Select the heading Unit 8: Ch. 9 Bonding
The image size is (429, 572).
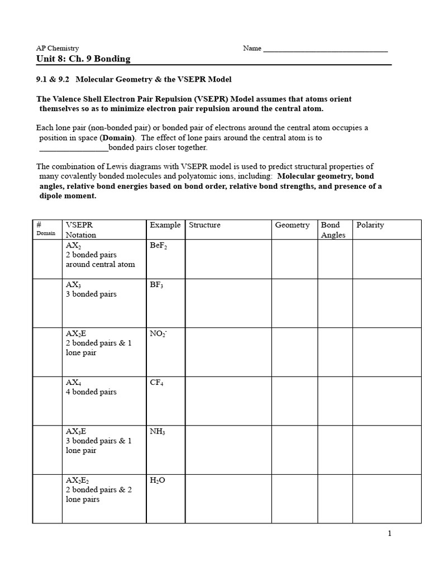point(83,59)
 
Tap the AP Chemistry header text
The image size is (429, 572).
point(58,49)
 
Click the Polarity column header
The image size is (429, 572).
point(370,225)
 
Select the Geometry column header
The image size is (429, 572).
point(292,225)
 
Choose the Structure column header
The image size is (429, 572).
point(204,225)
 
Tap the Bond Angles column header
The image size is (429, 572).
point(333,230)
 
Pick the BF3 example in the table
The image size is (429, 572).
point(157,284)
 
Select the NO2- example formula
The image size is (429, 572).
point(159,333)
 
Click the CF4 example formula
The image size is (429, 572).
point(157,383)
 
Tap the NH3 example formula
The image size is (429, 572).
point(158,431)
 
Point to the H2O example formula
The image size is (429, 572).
point(158,480)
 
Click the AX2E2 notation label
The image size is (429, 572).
point(77,480)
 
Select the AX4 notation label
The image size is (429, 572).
point(74,383)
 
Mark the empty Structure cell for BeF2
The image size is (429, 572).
point(227,259)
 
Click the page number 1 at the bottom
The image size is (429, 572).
point(389,533)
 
